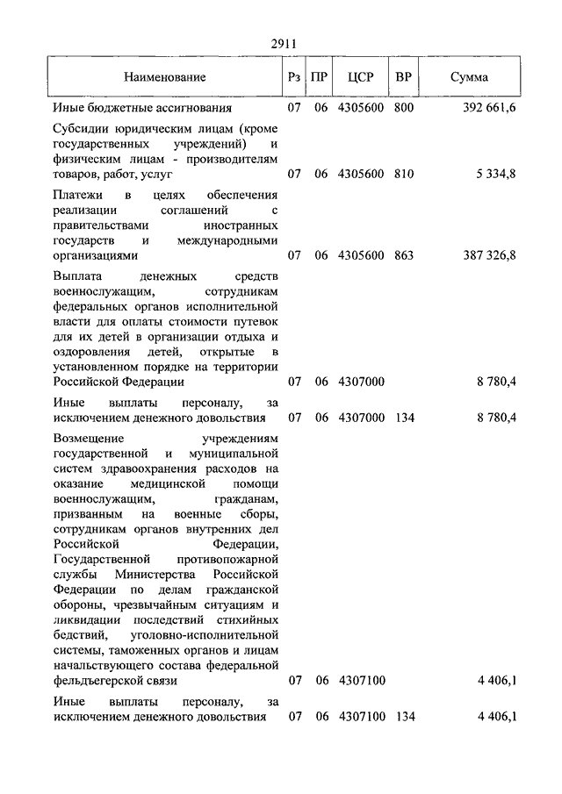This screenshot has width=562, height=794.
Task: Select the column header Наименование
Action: pyautogui.click(x=165, y=77)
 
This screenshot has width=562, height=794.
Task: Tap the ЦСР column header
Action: pyautogui.click(x=361, y=77)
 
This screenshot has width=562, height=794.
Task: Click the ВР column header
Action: pyautogui.click(x=404, y=77)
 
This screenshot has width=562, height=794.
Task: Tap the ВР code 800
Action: pyautogui.click(x=404, y=109)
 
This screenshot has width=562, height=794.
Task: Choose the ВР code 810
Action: pyautogui.click(x=404, y=174)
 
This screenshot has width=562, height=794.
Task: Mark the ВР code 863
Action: pyautogui.click(x=404, y=255)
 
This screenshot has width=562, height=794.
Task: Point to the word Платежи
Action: pyautogui.click(x=76, y=194)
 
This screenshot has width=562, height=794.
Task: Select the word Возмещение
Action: pyautogui.click(x=90, y=438)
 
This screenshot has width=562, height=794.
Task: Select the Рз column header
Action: pyautogui.click(x=294, y=77)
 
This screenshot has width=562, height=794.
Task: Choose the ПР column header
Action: pyautogui.click(x=321, y=77)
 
